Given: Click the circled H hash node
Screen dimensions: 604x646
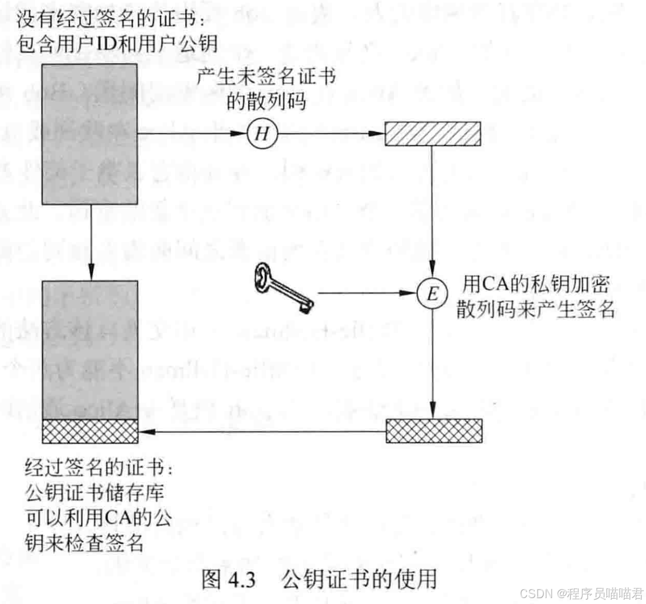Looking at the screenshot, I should (x=262, y=133).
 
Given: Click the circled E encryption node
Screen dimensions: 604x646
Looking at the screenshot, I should (x=432, y=293).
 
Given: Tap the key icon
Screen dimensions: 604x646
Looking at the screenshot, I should (x=283, y=287).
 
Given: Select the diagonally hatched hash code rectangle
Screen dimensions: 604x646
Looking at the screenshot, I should (x=433, y=134).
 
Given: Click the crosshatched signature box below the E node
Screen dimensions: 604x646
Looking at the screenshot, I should (x=434, y=431).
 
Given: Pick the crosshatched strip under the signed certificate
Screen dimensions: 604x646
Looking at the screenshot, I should (x=90, y=431).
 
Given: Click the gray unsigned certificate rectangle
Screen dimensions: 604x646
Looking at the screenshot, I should (x=90, y=134).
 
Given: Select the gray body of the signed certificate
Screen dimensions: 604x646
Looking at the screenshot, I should (x=90, y=349).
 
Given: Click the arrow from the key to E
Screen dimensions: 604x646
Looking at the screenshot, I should (x=365, y=293).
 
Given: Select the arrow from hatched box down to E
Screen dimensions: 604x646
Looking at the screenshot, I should (x=433, y=210).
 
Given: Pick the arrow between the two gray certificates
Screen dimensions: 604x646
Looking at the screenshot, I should (x=91, y=242).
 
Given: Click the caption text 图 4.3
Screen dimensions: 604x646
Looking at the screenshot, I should (x=228, y=579).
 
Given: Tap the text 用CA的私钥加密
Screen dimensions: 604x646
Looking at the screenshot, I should (x=535, y=284).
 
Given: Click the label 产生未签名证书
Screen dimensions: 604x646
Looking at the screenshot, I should (x=266, y=76).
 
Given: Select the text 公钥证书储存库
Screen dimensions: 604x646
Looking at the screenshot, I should (x=95, y=492).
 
